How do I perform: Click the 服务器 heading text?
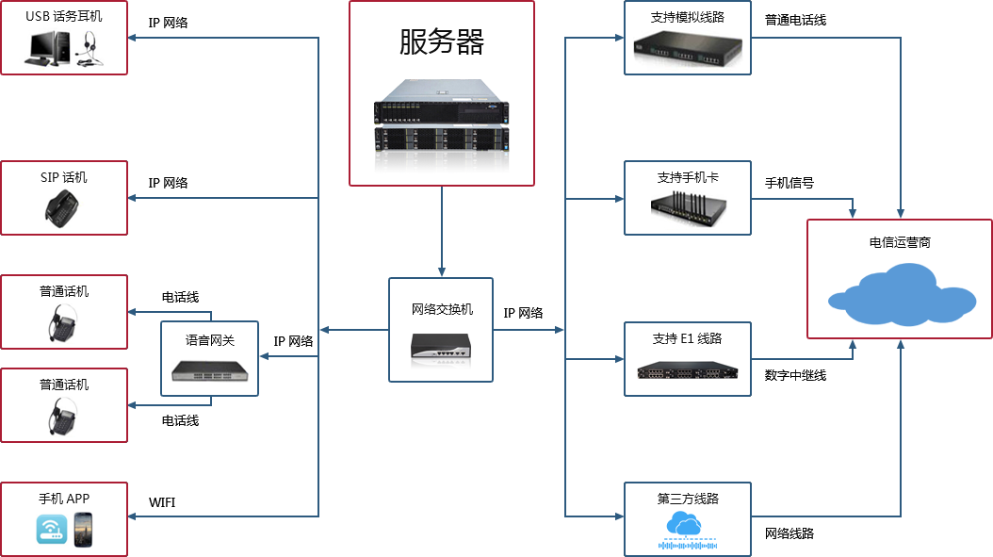click(442, 42)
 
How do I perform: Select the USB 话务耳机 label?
click(64, 17)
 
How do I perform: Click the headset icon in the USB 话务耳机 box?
click(90, 49)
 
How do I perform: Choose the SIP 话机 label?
click(64, 177)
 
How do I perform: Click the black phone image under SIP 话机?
click(63, 207)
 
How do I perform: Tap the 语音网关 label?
click(210, 340)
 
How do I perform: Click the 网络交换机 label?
click(442, 309)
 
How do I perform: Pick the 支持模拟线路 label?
click(688, 17)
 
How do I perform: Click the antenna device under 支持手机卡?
click(688, 206)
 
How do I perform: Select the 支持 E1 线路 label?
click(688, 338)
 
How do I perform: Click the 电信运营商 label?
click(900, 242)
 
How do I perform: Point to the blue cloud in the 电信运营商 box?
click(900, 289)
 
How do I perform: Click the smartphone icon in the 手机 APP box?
click(83, 530)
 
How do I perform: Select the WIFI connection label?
click(162, 502)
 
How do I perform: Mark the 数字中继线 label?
click(795, 375)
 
